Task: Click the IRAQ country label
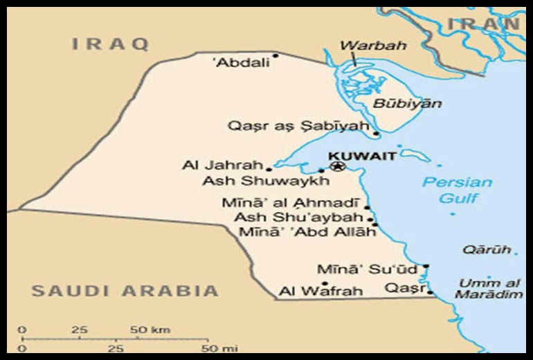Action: click(111, 44)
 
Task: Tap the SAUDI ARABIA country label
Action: click(125, 291)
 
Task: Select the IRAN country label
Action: click(482, 24)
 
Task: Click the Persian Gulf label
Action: click(458, 190)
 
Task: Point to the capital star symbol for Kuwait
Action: click(337, 166)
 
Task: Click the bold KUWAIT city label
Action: click(362, 156)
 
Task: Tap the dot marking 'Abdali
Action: click(275, 55)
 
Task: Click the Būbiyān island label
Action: click(397, 104)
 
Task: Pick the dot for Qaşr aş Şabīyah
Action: click(376, 134)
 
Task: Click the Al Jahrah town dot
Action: click(269, 168)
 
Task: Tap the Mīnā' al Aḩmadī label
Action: click(291, 204)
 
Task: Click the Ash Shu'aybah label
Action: click(298, 217)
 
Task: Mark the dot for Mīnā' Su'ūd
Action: click(426, 266)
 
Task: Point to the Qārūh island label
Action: click(487, 250)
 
